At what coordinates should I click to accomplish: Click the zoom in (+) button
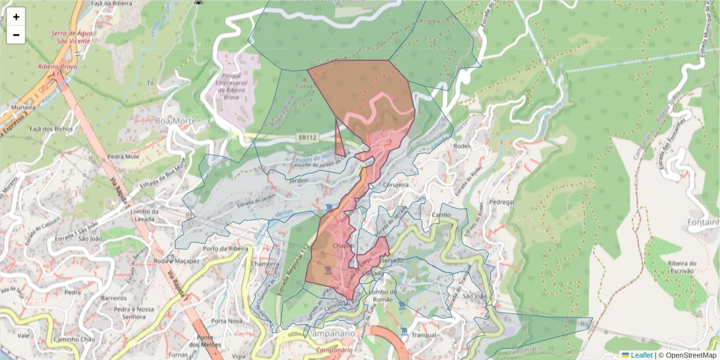click(x=16, y=17)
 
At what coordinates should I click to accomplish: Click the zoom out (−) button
click(x=16, y=35)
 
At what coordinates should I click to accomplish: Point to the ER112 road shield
click(x=307, y=138)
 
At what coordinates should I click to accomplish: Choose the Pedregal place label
click(x=502, y=202)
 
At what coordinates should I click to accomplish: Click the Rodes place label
click(x=461, y=145)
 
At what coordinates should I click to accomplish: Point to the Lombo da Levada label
click(x=148, y=215)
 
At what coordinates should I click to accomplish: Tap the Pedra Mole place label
click(x=123, y=157)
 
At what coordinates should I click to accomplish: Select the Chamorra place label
click(x=265, y=264)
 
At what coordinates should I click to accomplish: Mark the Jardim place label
click(x=298, y=180)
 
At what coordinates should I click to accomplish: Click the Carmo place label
click(x=441, y=214)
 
